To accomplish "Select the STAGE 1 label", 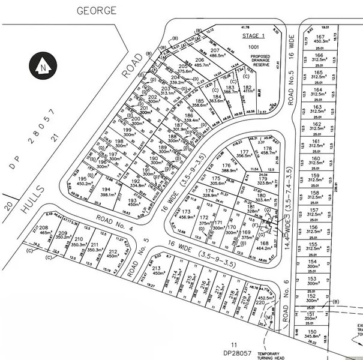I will click(253, 37).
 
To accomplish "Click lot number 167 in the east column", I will click(319, 37).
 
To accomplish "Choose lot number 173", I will click(188, 212).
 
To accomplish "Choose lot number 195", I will click(82, 179).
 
